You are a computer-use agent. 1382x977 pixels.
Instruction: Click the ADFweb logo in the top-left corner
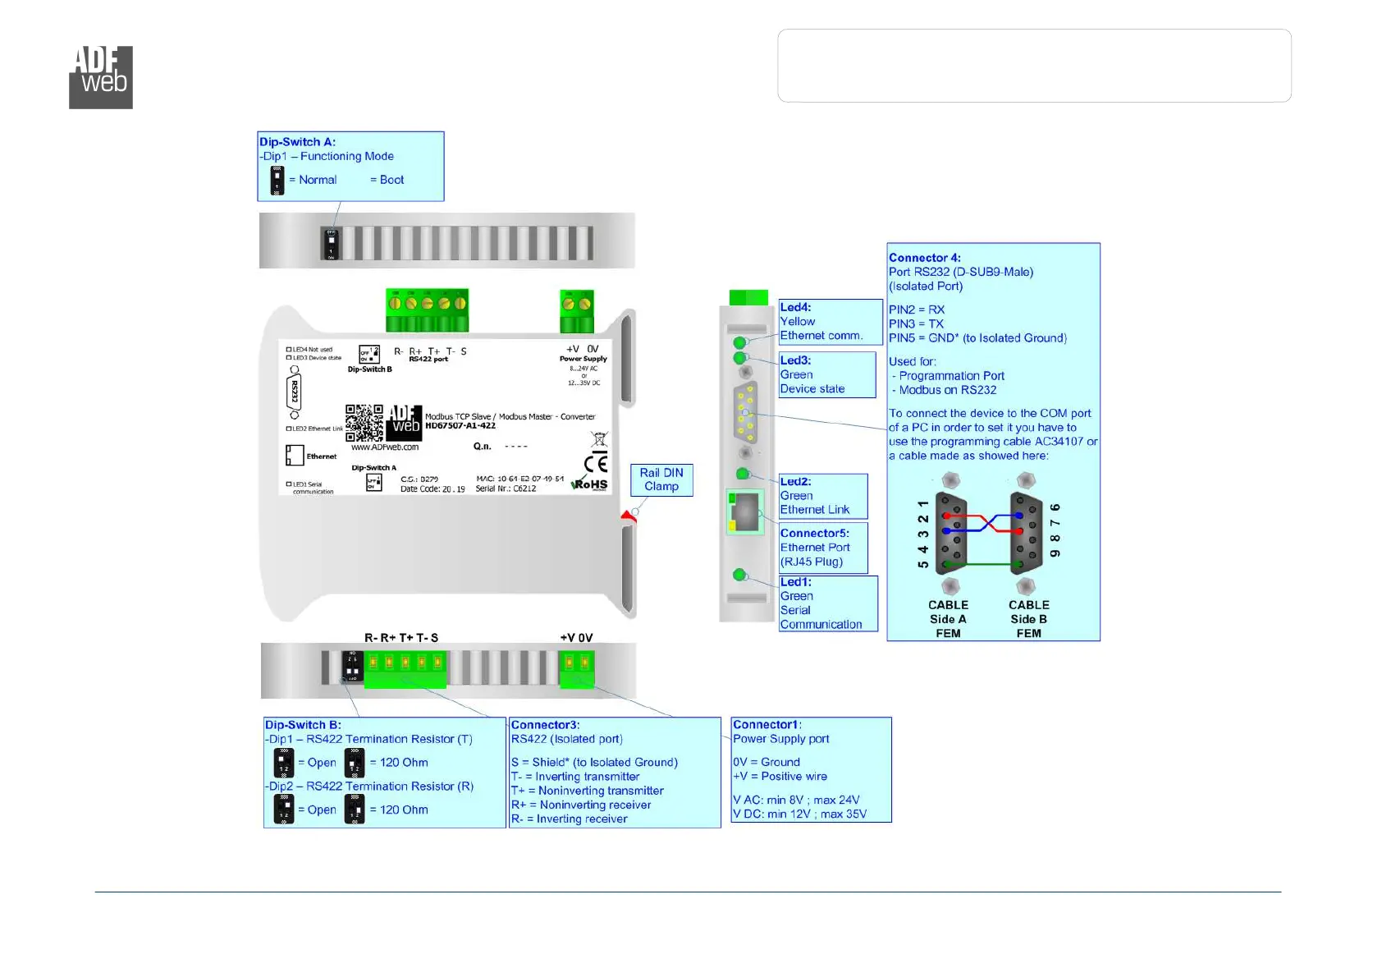point(101,77)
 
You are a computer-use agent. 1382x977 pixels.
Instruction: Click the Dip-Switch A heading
point(297,142)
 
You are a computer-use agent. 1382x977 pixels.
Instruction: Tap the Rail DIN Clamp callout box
point(661,479)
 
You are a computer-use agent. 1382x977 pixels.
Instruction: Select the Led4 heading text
point(795,307)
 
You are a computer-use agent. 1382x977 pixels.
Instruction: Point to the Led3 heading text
point(795,360)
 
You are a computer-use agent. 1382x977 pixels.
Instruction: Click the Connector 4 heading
point(924,258)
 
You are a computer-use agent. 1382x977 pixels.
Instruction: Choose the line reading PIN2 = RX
point(917,310)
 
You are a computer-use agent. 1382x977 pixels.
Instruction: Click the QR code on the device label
point(364,423)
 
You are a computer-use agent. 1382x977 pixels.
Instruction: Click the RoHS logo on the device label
point(590,484)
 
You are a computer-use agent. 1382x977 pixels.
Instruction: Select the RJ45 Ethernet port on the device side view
point(744,512)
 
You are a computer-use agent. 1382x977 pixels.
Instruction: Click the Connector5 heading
point(814,534)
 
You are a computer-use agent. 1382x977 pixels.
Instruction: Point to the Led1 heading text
point(795,582)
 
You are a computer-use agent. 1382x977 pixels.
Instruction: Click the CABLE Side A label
point(948,619)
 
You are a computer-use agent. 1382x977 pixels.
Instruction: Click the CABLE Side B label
point(1028,619)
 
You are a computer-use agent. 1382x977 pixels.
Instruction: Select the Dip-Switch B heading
point(303,725)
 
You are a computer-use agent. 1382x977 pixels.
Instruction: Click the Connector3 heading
point(545,725)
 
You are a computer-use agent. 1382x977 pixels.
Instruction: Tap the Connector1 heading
point(767,725)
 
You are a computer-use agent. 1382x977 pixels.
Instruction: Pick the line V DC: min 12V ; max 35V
point(799,814)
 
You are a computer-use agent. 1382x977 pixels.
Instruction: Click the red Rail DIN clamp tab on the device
point(629,517)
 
